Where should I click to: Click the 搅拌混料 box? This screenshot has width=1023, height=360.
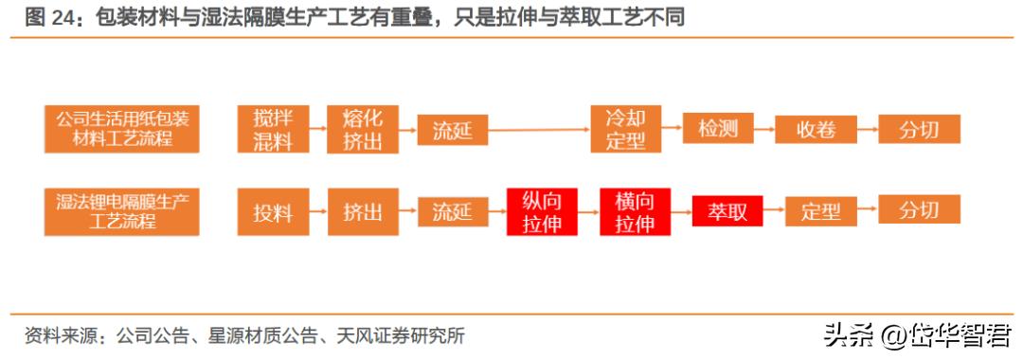tap(273, 130)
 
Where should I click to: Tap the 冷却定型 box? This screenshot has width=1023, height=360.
tap(625, 130)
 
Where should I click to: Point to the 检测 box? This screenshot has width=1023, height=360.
tap(717, 130)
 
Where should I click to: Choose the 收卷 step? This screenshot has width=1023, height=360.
tap(816, 130)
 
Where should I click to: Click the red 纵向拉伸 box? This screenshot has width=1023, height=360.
tap(541, 212)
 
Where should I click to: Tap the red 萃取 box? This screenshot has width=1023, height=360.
tap(727, 211)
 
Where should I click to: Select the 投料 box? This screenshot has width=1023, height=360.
tap(273, 212)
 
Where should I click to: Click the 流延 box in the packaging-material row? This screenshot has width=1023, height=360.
tap(452, 130)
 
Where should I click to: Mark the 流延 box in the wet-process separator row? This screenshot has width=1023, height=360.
tap(452, 212)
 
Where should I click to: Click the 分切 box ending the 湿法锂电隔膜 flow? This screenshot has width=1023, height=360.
tap(919, 210)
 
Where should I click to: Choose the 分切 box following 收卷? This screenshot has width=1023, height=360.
tap(919, 130)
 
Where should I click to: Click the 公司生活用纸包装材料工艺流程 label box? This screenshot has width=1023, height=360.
tap(122, 130)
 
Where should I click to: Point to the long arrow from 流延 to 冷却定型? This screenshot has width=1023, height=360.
tap(538, 130)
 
